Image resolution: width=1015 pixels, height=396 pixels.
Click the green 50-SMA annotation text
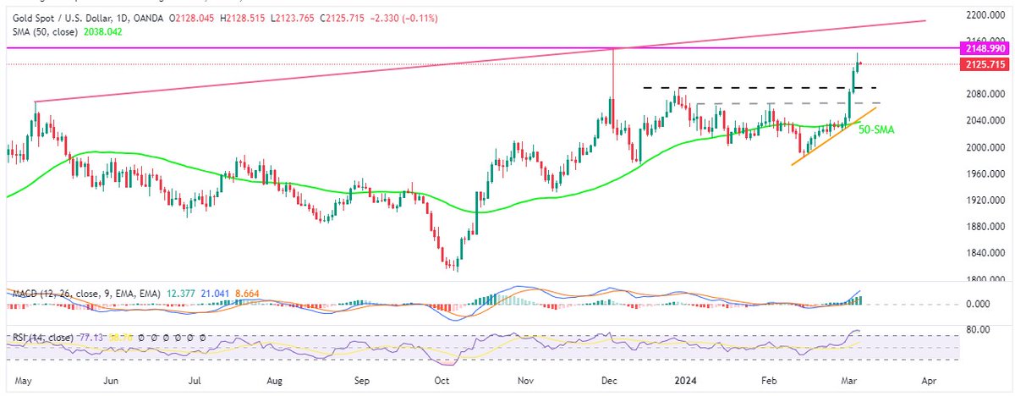(x=876, y=129)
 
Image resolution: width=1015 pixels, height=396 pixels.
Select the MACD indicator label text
(x=29, y=293)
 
